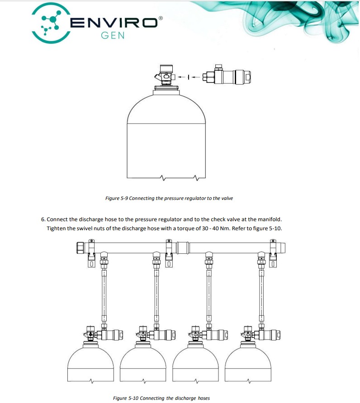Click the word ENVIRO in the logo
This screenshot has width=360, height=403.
tap(114, 23)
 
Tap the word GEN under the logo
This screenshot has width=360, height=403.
tap(113, 35)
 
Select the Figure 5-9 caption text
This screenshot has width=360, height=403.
tap(169, 198)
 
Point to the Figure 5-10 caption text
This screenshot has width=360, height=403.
tap(161, 398)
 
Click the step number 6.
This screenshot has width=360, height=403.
tap(43, 219)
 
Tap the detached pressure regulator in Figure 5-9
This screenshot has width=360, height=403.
tap(227, 76)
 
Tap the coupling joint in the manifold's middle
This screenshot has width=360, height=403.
tap(183, 248)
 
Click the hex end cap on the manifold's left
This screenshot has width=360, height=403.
tap(80, 248)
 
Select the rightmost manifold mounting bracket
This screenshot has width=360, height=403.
tap(273, 253)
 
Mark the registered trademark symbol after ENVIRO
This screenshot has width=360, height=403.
tap(161, 18)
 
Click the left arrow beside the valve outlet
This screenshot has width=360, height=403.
tap(182, 76)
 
